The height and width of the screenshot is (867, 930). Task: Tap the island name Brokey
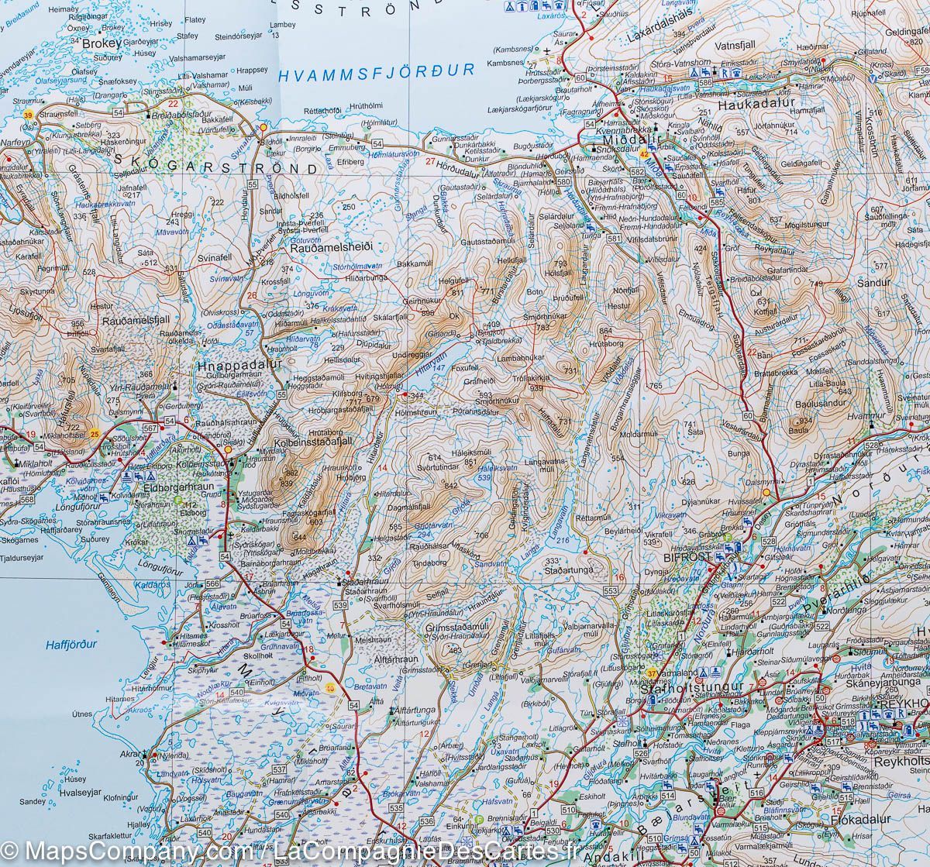click(102, 44)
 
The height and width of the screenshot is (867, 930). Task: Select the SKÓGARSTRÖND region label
click(215, 168)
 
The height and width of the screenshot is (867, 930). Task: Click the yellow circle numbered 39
click(29, 115)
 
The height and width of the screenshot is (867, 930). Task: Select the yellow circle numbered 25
click(95, 433)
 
